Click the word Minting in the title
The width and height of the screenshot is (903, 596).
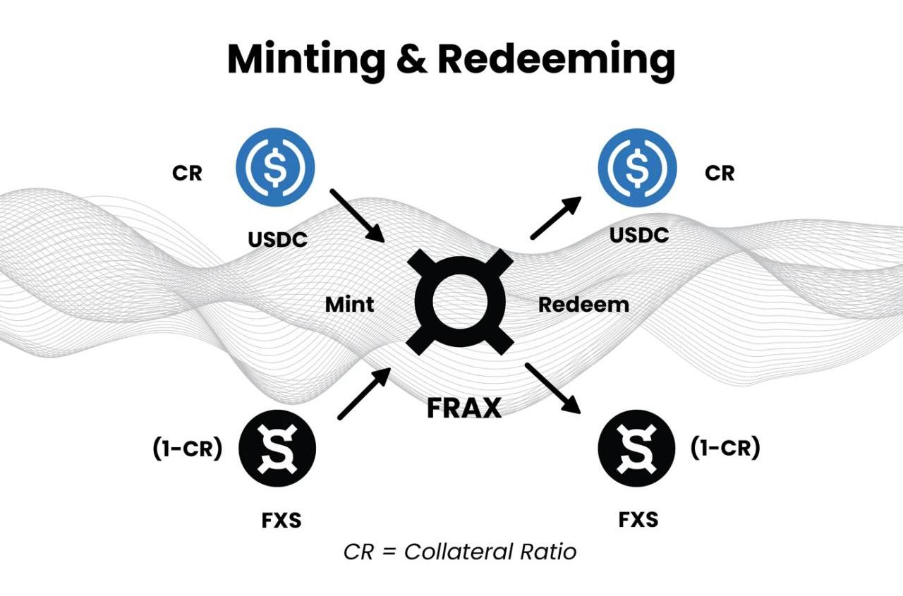[x=303, y=60]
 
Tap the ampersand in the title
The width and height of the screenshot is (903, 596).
[x=408, y=60]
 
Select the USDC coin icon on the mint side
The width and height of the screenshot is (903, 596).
[x=275, y=166]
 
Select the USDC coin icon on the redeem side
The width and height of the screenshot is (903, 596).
[x=638, y=168]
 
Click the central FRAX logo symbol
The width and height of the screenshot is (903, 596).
[x=459, y=301]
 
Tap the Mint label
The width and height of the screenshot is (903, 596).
[x=349, y=305]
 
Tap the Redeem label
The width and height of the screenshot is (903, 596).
[x=583, y=305]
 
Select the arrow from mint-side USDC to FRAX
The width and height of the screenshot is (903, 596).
[x=356, y=216]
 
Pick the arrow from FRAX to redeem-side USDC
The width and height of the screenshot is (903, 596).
[x=556, y=217]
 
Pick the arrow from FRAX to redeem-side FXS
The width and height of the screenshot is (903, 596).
[x=553, y=389]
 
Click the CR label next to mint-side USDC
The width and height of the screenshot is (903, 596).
[x=187, y=173]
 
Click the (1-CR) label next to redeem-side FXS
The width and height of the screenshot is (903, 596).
[x=725, y=448]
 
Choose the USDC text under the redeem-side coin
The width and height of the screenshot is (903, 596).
[x=638, y=235]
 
